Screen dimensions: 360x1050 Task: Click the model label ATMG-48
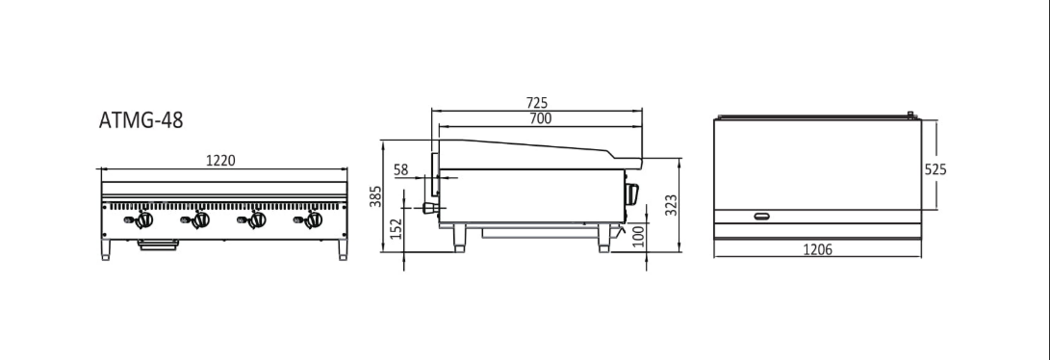[x=141, y=120]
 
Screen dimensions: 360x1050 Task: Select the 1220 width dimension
[x=221, y=161]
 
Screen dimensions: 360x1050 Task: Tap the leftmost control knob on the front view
[x=144, y=220]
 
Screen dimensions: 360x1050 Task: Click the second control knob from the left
[x=200, y=220]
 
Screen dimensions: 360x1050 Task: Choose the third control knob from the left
[x=256, y=220]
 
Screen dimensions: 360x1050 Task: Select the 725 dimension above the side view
[x=538, y=102]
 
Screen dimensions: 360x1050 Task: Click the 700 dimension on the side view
[x=540, y=118]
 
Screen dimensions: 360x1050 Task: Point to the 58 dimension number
[x=401, y=169]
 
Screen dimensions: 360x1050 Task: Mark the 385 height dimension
[x=377, y=196]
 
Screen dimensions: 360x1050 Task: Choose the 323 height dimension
[x=672, y=204]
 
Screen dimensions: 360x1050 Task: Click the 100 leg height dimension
[x=636, y=236]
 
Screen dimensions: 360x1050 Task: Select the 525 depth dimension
[x=935, y=168]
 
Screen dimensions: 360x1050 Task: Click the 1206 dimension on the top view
[x=817, y=250]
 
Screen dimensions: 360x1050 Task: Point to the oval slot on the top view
[x=762, y=215]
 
